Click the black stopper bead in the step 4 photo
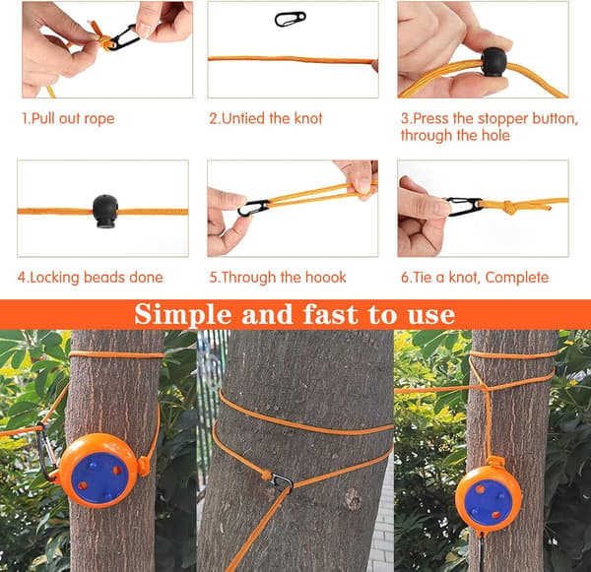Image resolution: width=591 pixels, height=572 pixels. (105, 212)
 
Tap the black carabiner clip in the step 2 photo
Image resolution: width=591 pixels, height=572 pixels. (290, 20)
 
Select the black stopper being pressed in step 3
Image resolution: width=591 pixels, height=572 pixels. (494, 62)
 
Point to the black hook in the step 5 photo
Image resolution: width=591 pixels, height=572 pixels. (253, 208)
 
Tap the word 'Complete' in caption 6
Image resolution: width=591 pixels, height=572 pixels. (517, 278)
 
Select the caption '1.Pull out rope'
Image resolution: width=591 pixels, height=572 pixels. (68, 119)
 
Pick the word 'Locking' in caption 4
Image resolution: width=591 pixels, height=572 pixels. (55, 278)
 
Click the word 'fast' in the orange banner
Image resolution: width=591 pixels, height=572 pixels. (330, 314)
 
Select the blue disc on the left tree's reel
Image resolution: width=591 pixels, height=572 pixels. (99, 477)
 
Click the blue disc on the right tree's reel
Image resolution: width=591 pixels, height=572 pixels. (487, 502)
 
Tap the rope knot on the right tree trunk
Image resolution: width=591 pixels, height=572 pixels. (483, 387)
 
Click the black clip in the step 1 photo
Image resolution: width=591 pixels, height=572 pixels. (122, 37)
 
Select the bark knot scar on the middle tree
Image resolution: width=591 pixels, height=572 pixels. (353, 499)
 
